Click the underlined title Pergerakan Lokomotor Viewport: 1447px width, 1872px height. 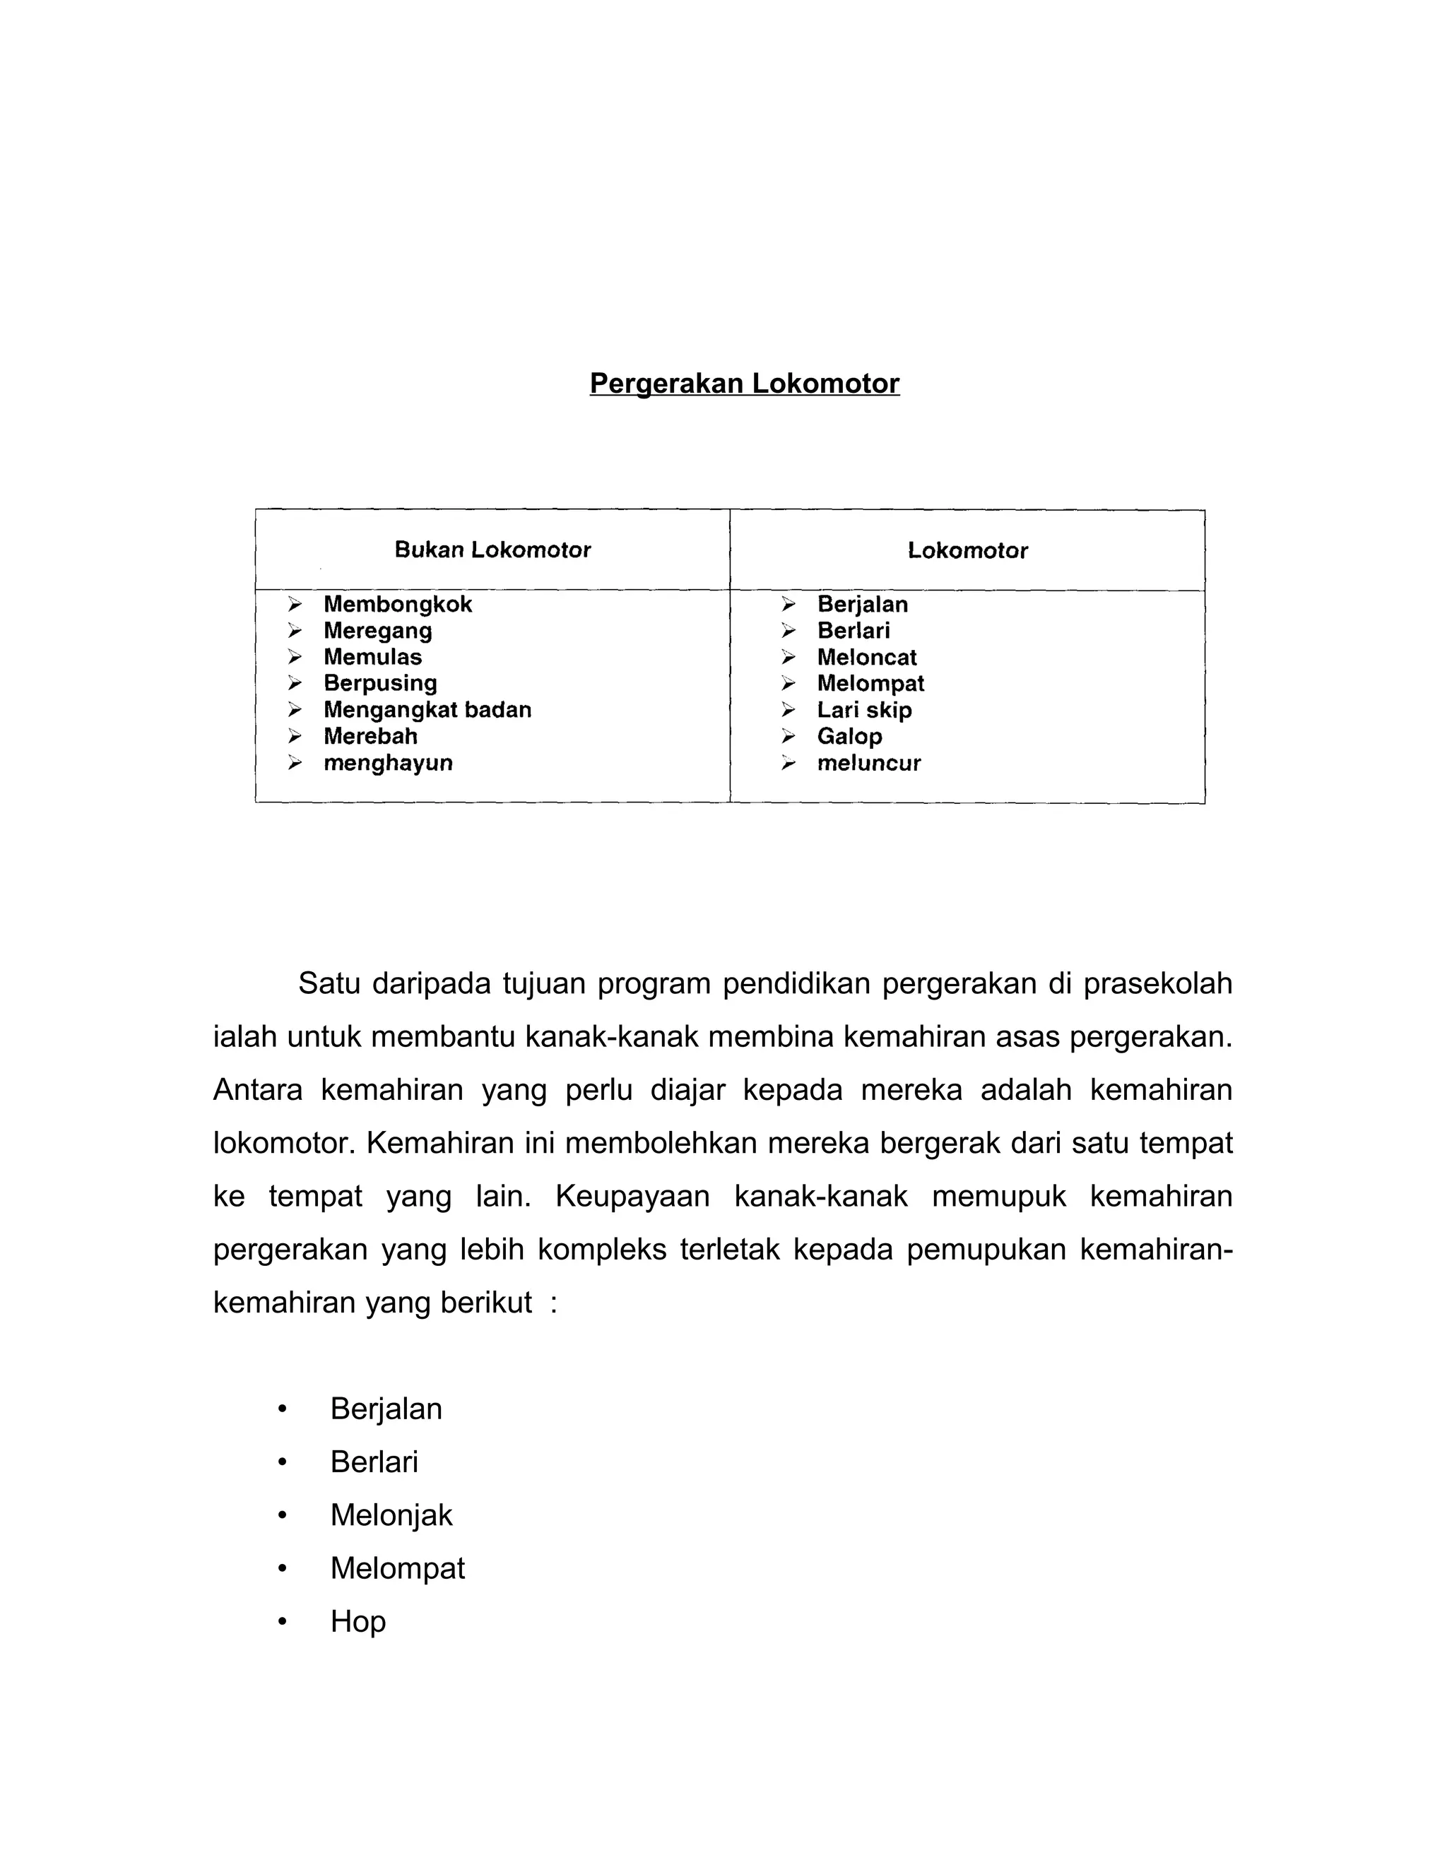pyautogui.click(x=744, y=383)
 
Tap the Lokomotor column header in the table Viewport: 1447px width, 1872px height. pyautogui.click(x=967, y=550)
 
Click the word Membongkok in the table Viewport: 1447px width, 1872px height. pyautogui.click(x=398, y=604)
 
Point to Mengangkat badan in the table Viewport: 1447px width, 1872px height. pyautogui.click(x=427, y=710)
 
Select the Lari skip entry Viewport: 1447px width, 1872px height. pyautogui.click(x=863, y=710)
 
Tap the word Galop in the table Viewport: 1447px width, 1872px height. pyautogui.click(x=849, y=736)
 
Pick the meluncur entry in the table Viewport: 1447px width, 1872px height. pyautogui.click(x=868, y=763)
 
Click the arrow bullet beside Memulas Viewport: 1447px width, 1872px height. pyautogui.click(x=295, y=658)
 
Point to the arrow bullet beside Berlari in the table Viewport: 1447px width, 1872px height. pyautogui.click(x=788, y=631)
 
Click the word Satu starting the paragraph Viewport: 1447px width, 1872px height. pyautogui.click(x=329, y=983)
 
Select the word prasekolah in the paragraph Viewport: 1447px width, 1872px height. pyautogui.click(x=1157, y=983)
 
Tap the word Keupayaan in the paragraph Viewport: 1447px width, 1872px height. pyautogui.click(x=632, y=1196)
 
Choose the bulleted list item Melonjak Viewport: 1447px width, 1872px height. pyautogui.click(x=391, y=1515)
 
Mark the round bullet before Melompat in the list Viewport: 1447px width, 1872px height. pyautogui.click(x=282, y=1568)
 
